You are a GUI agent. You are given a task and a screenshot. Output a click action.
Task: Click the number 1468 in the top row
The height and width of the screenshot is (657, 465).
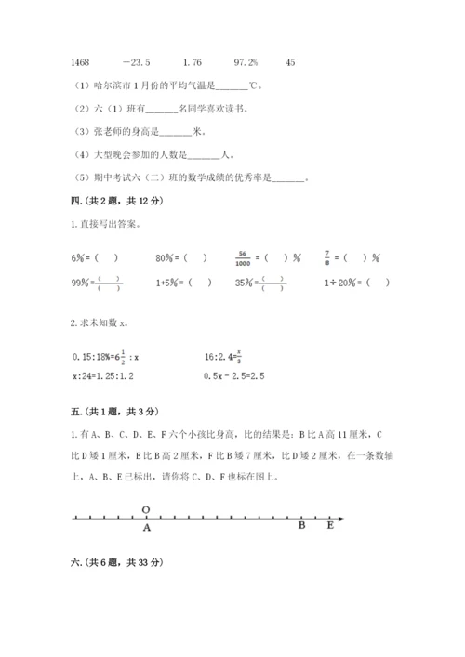point(80,62)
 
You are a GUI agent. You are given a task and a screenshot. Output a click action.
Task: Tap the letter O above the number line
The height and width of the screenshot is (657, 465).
point(146,509)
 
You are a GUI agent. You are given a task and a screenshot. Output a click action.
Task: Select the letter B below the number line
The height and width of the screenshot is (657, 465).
point(301,527)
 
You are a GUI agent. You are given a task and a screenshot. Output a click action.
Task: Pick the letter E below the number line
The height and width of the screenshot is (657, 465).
point(329,527)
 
